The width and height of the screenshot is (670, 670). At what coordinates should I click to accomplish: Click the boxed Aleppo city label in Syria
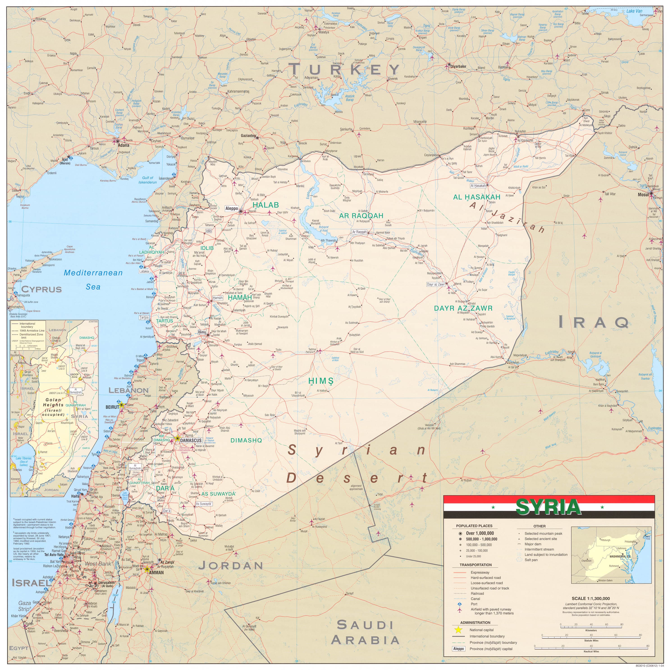tap(232, 209)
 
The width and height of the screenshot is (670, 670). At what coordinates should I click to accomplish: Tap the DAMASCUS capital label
tap(191, 440)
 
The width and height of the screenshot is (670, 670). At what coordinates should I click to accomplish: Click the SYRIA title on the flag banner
tap(548, 507)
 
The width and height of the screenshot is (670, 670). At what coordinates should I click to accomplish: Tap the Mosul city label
tap(643, 195)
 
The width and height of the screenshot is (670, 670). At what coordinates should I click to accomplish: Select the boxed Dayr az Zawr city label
tap(436, 284)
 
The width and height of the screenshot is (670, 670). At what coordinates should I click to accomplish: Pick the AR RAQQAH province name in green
tap(361, 216)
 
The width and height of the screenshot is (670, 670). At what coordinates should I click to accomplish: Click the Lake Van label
tap(634, 11)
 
